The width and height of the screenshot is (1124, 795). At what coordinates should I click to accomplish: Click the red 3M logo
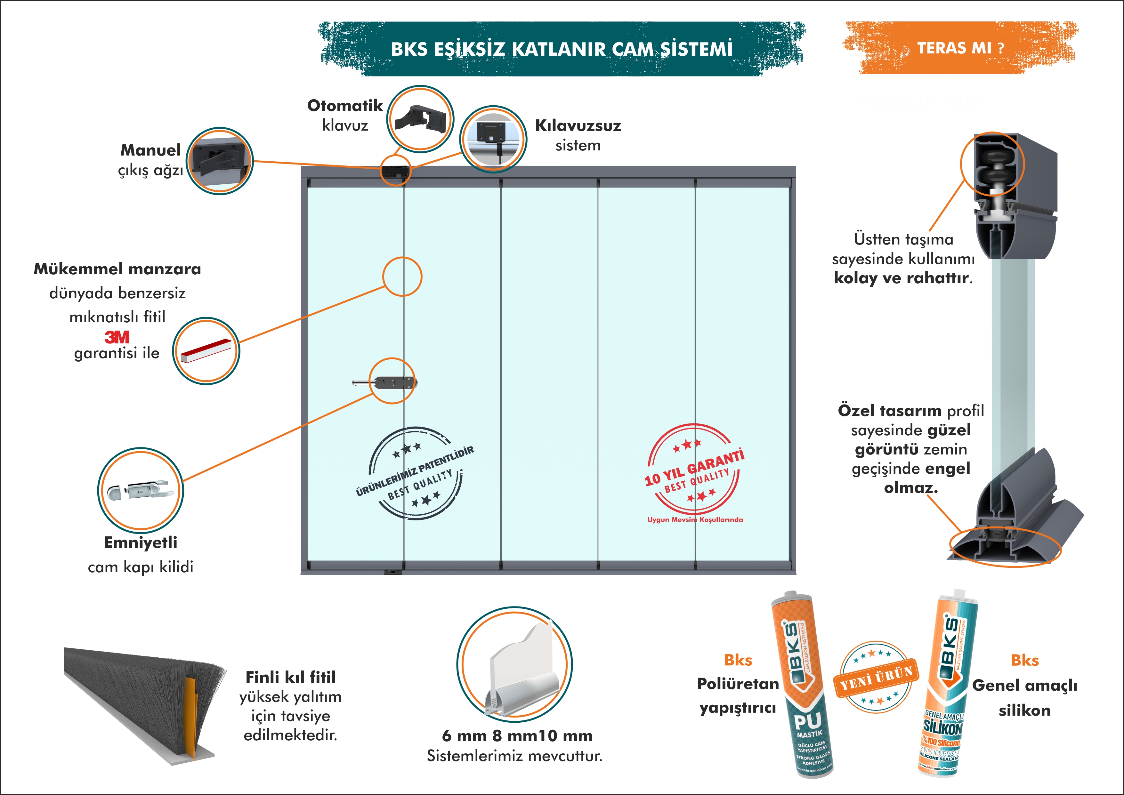point(117,337)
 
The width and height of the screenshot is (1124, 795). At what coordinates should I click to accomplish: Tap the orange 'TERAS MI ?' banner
point(960,48)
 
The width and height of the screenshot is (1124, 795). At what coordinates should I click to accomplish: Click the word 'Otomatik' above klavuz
point(345,105)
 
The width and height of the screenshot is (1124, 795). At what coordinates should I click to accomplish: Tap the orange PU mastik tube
point(802,685)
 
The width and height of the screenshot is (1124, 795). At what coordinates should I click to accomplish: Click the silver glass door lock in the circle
point(141,490)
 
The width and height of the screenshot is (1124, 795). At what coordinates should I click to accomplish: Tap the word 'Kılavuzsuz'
point(578,126)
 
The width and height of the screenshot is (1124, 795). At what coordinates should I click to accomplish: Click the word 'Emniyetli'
point(141,542)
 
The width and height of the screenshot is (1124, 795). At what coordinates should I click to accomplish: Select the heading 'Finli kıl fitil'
point(290,677)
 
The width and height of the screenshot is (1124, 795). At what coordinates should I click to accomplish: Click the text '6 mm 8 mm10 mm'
point(517,736)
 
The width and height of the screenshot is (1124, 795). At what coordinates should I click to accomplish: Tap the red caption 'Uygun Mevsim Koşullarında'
point(695,519)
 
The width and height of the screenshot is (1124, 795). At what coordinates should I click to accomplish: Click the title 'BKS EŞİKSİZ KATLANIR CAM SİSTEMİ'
point(562,49)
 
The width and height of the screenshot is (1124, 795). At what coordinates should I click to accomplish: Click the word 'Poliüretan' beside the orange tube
point(738,684)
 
